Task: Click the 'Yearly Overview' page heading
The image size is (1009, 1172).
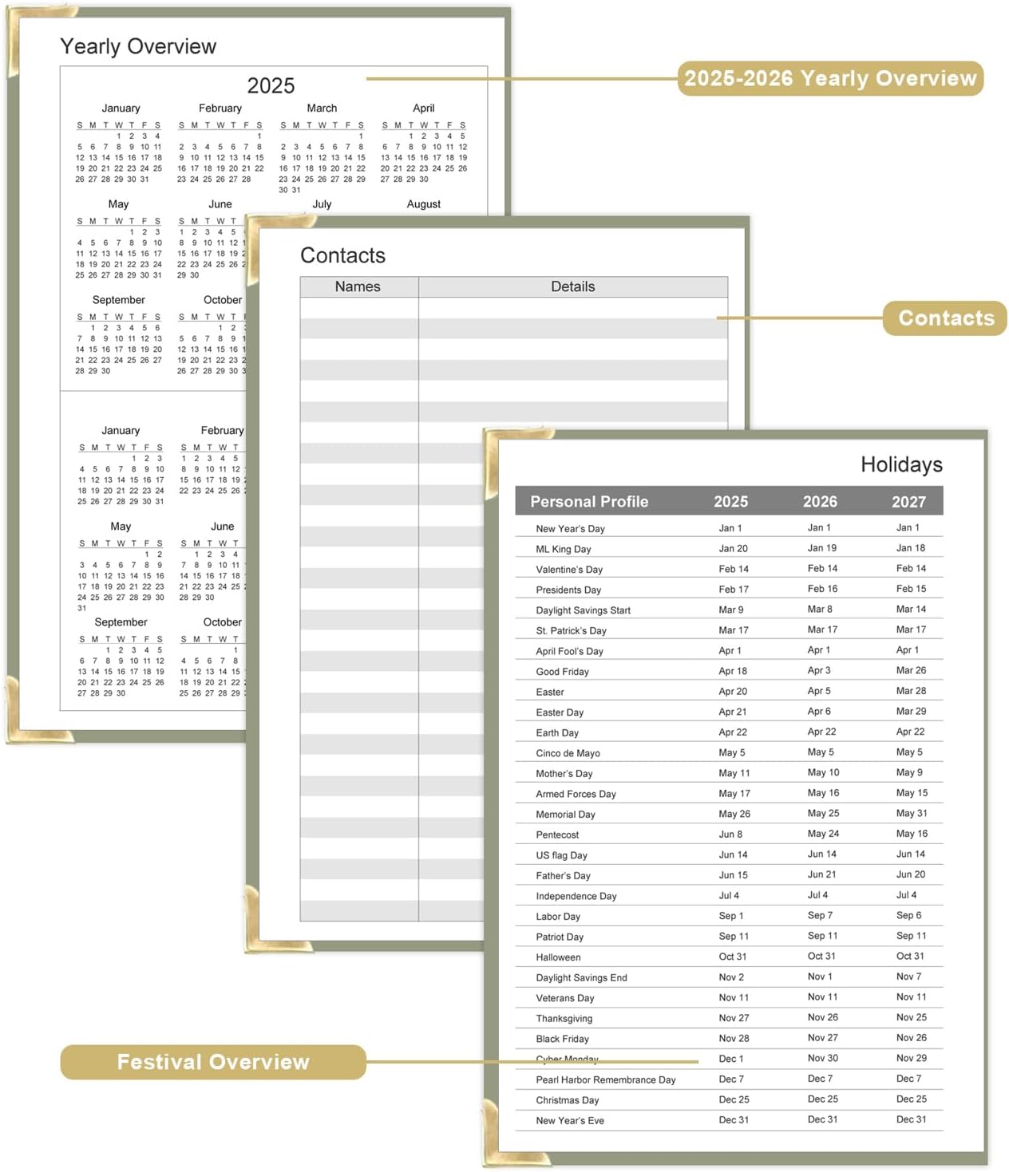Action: point(138,46)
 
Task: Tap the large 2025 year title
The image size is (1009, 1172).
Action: point(271,85)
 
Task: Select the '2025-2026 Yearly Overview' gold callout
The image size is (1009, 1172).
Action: point(830,78)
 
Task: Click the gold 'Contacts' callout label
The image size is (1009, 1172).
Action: point(946,318)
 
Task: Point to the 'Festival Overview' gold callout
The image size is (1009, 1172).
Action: point(213,1062)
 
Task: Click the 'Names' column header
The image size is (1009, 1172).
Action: point(358,286)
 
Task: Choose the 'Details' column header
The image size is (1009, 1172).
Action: point(572,286)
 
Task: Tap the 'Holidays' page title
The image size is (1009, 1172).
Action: point(901,464)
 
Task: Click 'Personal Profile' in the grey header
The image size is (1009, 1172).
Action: point(589,501)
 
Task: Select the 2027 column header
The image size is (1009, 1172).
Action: point(908,501)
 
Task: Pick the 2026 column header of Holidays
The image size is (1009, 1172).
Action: point(820,501)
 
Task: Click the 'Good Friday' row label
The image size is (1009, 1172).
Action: point(562,672)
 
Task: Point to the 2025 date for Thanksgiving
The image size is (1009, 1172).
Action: point(734,1018)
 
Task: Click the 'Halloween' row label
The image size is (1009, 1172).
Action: point(558,957)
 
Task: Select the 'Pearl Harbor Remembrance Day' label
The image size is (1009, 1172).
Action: point(606,1079)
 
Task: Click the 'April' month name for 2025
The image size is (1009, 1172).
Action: point(424,108)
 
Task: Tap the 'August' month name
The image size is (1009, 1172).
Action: point(424,204)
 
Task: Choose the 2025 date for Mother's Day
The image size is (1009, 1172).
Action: point(734,773)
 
